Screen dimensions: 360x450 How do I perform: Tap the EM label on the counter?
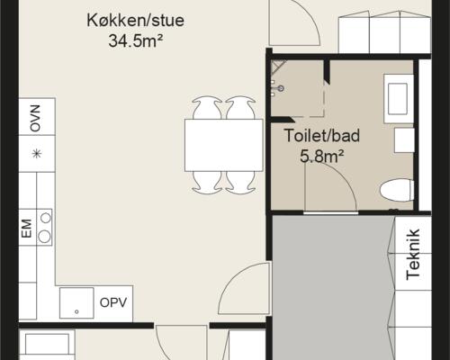26,229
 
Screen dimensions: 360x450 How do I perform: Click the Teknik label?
414,256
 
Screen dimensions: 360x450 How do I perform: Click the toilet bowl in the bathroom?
396,190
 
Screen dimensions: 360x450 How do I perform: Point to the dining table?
223,144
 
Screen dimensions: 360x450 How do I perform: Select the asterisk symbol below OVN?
37,153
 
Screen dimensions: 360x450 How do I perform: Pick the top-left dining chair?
206,108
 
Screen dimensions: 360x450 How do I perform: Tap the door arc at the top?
297,22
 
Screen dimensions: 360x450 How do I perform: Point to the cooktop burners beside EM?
43,228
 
